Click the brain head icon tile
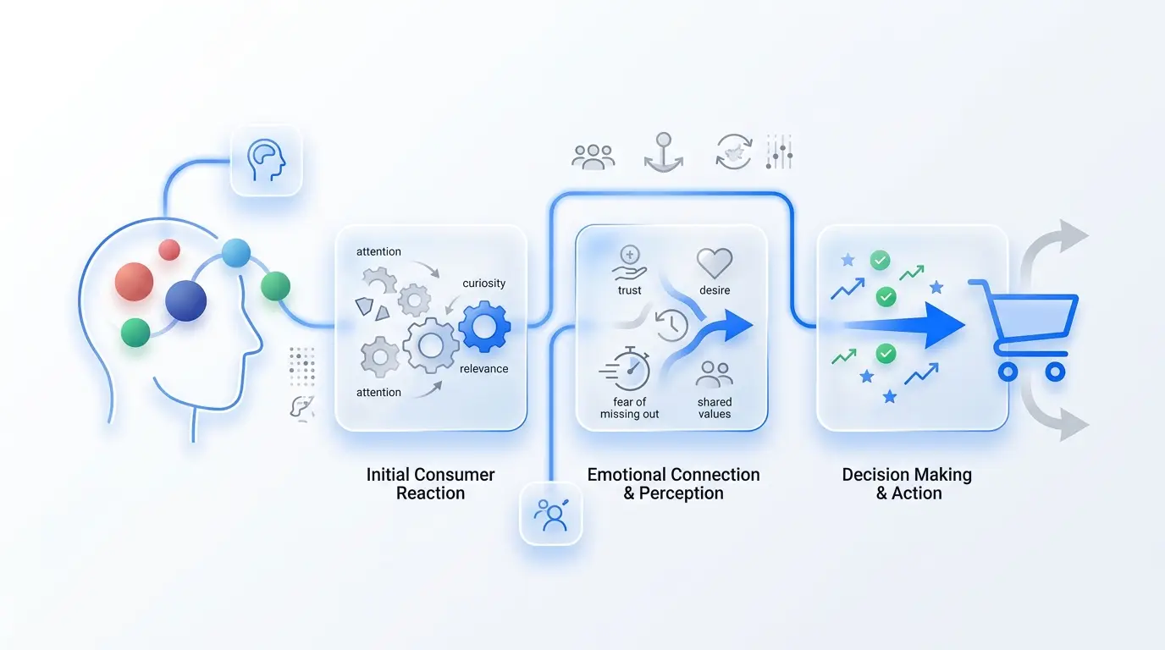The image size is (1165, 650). coord(267,161)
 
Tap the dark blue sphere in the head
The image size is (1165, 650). coord(185,300)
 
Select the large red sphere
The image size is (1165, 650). coord(134,282)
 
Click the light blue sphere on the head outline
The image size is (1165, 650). coord(236,253)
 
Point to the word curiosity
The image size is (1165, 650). coord(483,284)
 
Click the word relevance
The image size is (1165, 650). coord(483,369)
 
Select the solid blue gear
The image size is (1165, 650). coord(484,327)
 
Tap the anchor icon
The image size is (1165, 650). coord(664,152)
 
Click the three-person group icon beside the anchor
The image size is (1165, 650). coord(593,157)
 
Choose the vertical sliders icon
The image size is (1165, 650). coord(779,151)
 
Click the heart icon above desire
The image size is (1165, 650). coord(715,262)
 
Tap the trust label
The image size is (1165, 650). coord(629,290)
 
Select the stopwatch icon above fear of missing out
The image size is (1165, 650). coord(626,368)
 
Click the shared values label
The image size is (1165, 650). coord(715,408)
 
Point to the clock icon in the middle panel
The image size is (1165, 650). coord(671,326)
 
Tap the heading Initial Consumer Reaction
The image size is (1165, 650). coord(430,483)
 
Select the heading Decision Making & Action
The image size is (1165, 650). coord(908,483)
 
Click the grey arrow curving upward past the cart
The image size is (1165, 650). coord(1046,249)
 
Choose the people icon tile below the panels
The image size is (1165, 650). coord(551,515)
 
